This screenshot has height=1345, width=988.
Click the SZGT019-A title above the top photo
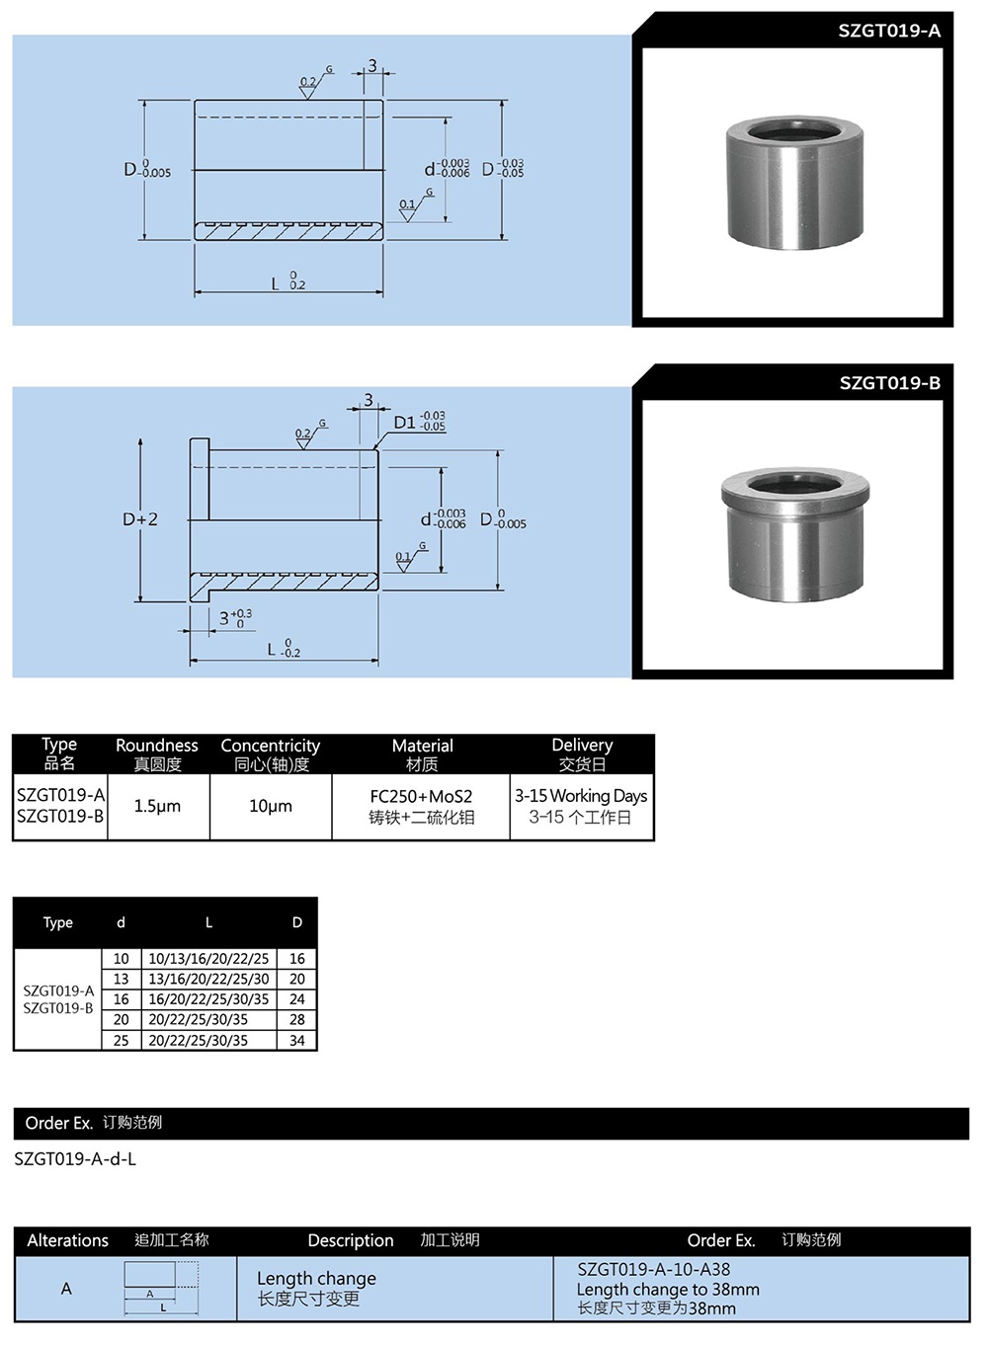(888, 31)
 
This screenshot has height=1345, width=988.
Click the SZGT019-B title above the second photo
(889, 383)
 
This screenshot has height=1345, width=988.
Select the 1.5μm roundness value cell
(157, 806)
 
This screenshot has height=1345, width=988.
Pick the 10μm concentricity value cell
(270, 806)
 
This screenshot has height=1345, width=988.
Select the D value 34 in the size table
(297, 1040)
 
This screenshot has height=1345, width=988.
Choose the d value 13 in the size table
(121, 979)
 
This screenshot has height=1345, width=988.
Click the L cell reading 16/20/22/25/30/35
(208, 999)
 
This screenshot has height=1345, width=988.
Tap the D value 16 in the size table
(297, 958)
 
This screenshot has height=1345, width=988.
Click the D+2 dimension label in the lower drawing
(140, 519)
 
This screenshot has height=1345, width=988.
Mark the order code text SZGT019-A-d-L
(75, 1158)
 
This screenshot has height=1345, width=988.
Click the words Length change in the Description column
(316, 1278)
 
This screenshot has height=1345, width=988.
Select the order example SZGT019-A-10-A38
(654, 1270)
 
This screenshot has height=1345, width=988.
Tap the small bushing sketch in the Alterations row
(161, 1288)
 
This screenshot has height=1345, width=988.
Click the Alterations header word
(67, 1240)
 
